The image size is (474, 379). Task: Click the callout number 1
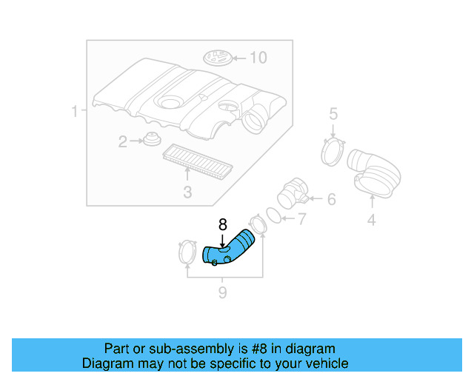pyautogui.click(x=75, y=112)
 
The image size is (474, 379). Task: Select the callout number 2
pyautogui.click(x=123, y=141)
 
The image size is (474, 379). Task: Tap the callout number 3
pyautogui.click(x=187, y=192)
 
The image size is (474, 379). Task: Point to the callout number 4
pyautogui.click(x=371, y=219)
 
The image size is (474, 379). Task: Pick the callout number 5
pyautogui.click(x=333, y=113)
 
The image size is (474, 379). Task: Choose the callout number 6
pyautogui.click(x=330, y=198)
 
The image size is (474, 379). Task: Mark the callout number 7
pyautogui.click(x=301, y=218)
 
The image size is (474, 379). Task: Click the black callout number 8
pyautogui.click(x=222, y=224)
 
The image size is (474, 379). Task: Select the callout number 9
pyautogui.click(x=221, y=293)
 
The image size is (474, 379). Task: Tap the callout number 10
pyautogui.click(x=257, y=57)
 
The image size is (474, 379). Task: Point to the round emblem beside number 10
pyautogui.click(x=218, y=58)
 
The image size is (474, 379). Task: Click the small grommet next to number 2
pyautogui.click(x=153, y=139)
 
